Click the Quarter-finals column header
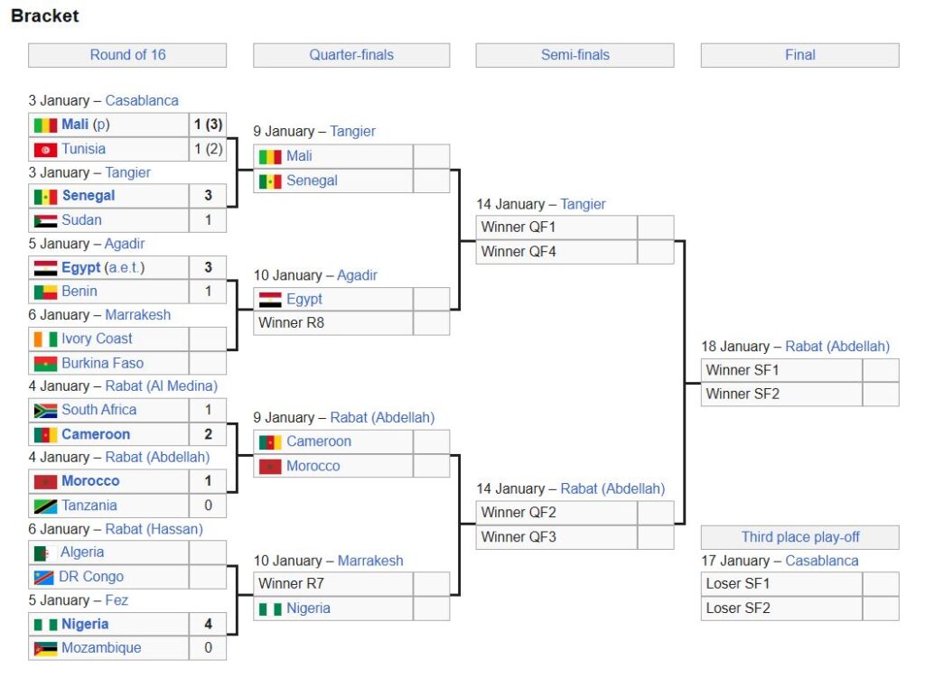coord(351,55)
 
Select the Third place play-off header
coord(800,537)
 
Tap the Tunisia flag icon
coord(45,150)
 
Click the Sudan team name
coord(81,220)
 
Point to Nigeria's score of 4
coord(208,625)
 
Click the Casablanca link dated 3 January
coord(142,101)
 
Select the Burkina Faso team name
coord(102,363)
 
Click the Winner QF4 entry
coord(519,252)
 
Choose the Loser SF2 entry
coord(738,608)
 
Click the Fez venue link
coord(117,600)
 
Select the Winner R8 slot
coord(292,322)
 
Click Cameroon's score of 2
coord(208,434)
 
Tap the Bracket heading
coord(45,16)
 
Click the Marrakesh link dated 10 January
coord(370,561)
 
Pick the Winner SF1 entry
coord(743,370)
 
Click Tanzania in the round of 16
coord(89,506)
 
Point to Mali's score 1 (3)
coord(208,125)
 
